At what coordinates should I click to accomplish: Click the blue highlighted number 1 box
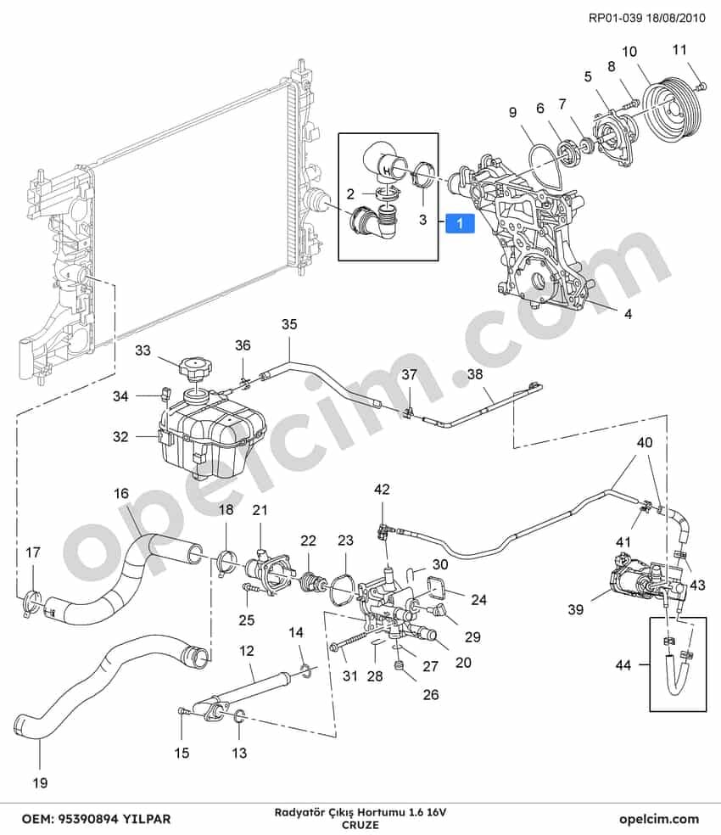click(460, 223)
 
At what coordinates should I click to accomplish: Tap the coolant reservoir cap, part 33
click(196, 367)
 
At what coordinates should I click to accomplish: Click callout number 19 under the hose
click(40, 782)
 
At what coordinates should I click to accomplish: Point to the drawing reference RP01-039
click(615, 18)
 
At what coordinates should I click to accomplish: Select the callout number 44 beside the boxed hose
click(623, 664)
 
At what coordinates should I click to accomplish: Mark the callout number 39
click(576, 608)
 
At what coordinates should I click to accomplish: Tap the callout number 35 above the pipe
click(289, 324)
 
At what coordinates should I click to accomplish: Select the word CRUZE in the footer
click(360, 825)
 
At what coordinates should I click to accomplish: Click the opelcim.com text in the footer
click(659, 819)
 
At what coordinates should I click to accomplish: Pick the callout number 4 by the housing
click(628, 314)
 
